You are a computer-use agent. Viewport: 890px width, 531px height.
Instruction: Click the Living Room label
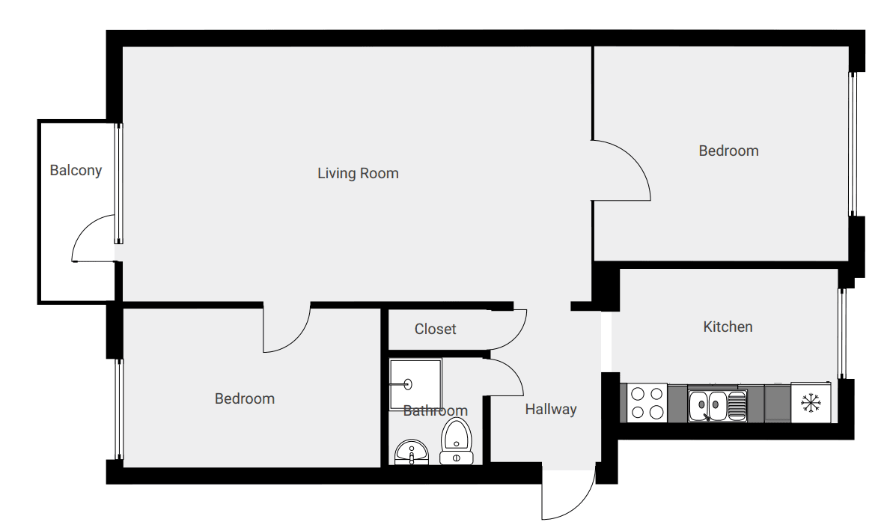point(358,173)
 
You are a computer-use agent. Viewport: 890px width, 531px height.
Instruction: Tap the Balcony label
point(76,170)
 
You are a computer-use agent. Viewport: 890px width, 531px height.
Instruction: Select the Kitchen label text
point(728,327)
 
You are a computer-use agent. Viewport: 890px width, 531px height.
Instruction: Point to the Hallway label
point(551,410)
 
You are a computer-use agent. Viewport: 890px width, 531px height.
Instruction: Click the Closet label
point(436,329)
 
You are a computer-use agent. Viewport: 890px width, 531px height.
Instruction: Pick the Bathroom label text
point(436,410)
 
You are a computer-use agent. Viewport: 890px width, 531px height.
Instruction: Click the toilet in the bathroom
point(457,441)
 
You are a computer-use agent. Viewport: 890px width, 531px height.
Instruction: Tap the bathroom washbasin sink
point(412,452)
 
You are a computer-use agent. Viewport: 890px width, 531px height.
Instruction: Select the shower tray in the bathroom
point(415,384)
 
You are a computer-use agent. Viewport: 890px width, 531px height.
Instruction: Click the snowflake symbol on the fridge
point(811,403)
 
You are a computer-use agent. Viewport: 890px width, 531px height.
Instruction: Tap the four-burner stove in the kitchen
point(647,403)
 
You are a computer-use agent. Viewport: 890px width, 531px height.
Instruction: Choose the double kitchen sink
point(717,405)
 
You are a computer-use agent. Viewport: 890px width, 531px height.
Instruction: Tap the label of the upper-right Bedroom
point(728,151)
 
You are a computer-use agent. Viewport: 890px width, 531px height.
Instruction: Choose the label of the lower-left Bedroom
point(245,398)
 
